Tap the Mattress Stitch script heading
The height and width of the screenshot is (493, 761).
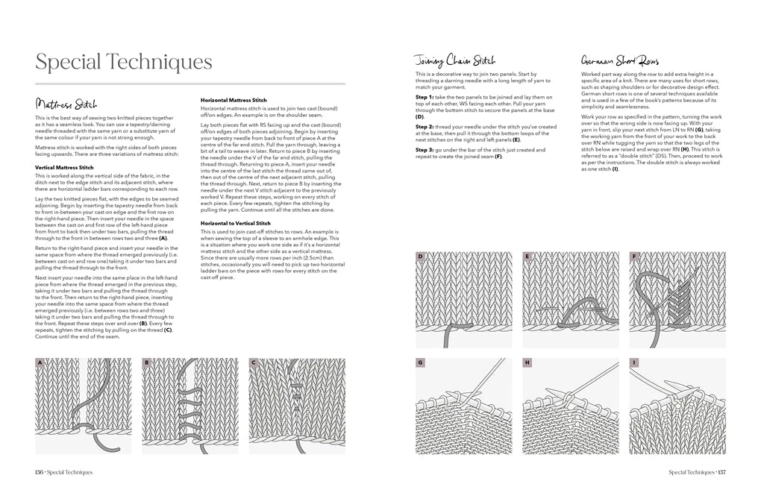coord(66,104)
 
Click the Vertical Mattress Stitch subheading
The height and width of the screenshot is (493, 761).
coord(64,168)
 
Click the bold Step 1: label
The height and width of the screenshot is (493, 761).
coord(425,98)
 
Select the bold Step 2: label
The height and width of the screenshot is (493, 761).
coord(425,127)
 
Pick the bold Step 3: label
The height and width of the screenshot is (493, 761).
coord(425,150)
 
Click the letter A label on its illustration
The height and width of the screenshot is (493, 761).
coord(40,363)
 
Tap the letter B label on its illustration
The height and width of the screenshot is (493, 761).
coord(146,363)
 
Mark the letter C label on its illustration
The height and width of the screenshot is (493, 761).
coord(253,363)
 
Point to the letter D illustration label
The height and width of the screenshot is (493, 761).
coord(420,257)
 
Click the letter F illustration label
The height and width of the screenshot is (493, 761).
coord(634,257)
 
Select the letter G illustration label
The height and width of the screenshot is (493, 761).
coord(420,362)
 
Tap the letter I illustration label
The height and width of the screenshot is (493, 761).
coord(634,362)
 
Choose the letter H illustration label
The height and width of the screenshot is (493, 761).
coord(527,362)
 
